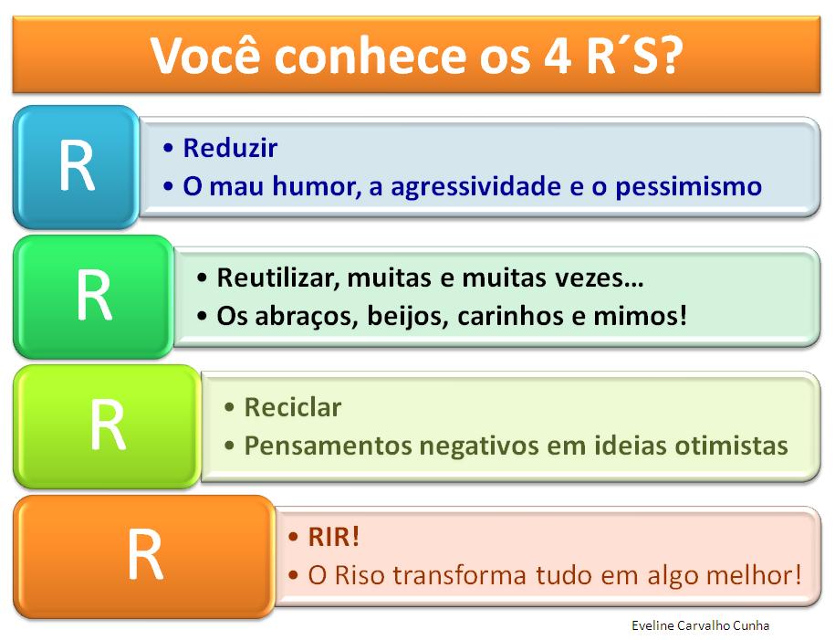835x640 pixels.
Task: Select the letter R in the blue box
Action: [76, 167]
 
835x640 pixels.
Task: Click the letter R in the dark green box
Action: [92, 297]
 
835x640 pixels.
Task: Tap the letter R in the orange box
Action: [144, 556]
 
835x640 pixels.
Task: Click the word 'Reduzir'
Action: [230, 148]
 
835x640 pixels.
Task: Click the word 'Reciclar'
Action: [293, 407]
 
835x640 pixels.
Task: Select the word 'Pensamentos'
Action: [329, 446]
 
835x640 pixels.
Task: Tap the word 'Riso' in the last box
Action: [352, 576]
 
